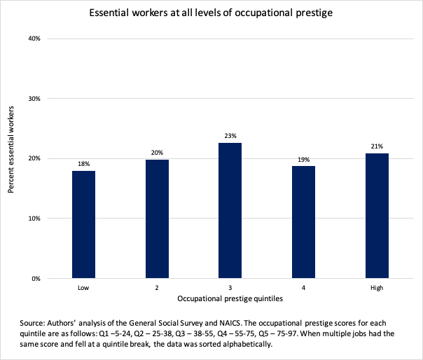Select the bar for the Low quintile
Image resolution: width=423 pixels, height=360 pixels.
[83, 224]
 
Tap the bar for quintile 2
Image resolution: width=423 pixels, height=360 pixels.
[157, 219]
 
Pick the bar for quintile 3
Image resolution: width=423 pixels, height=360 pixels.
[230, 210]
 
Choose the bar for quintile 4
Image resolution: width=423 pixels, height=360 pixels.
[304, 222]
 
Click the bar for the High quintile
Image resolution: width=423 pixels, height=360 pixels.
[377, 216]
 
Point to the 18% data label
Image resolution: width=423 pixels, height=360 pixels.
[83, 164]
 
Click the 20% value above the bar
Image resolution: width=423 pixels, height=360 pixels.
[157, 153]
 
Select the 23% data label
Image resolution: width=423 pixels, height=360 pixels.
[230, 136]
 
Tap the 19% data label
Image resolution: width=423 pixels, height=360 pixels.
[304, 159]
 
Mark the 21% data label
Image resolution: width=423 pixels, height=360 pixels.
[377, 146]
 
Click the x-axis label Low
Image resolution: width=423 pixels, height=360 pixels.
[83, 288]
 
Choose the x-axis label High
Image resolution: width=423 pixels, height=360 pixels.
[377, 288]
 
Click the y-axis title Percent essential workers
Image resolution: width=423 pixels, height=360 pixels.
[11, 158]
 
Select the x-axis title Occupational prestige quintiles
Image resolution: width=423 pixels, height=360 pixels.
[230, 299]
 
